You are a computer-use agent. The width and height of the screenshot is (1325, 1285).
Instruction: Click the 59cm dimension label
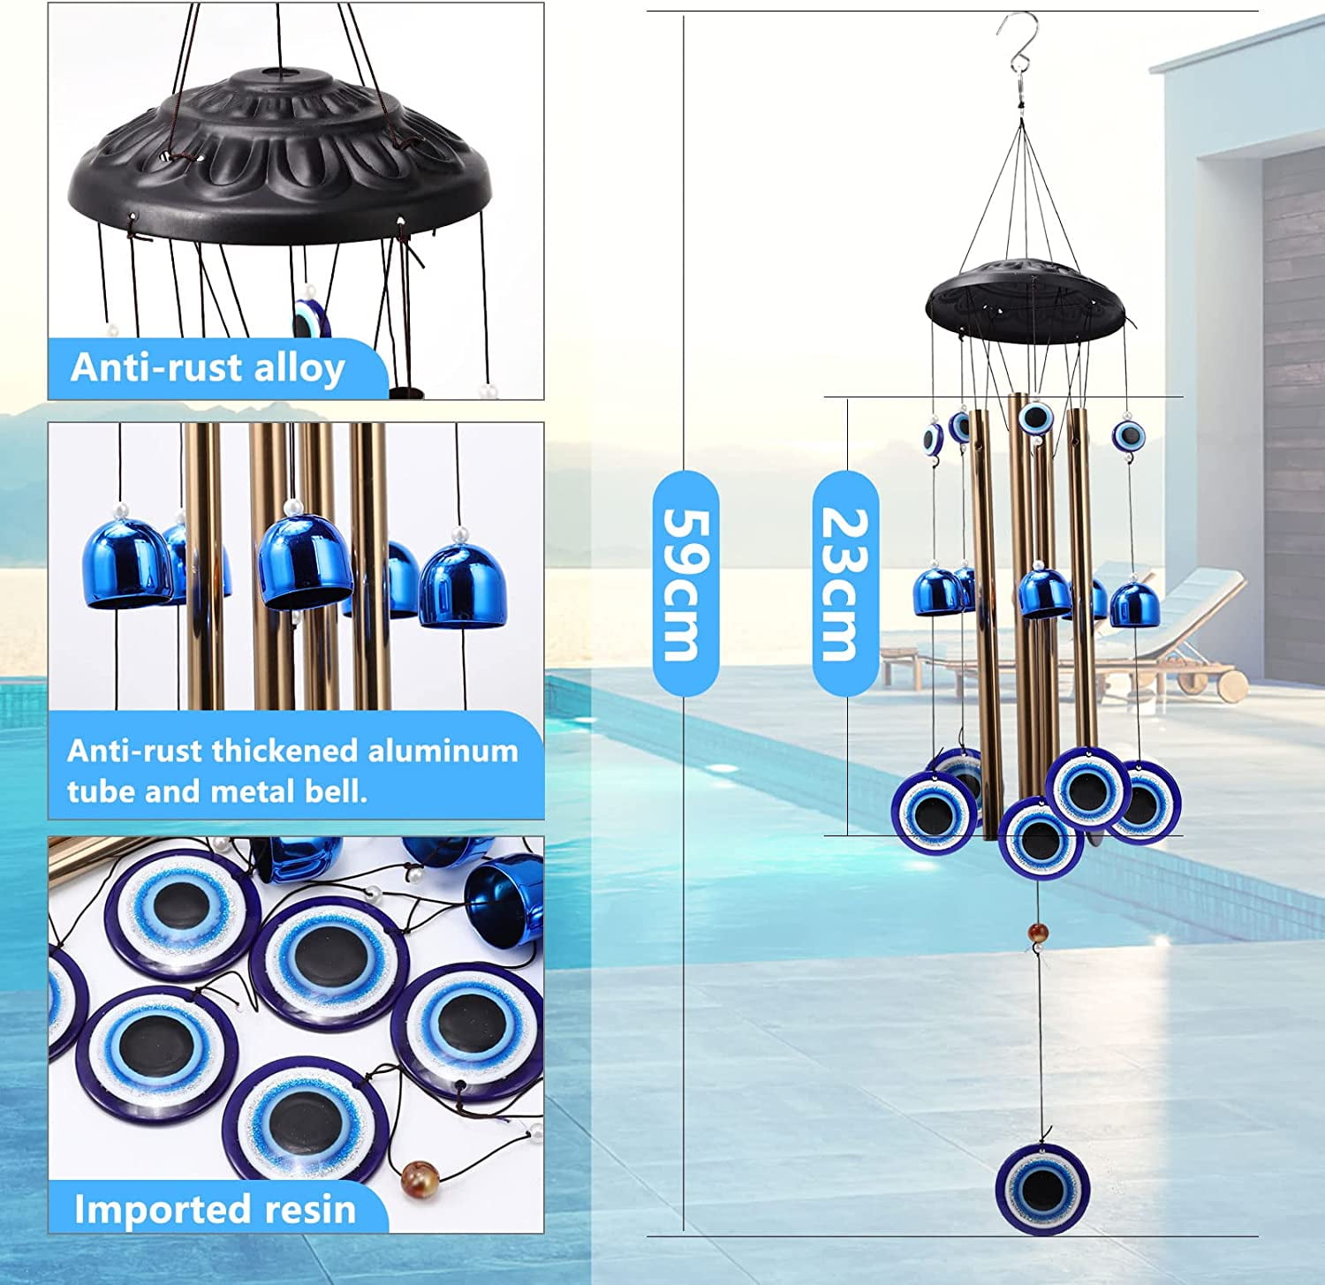pos(685,584)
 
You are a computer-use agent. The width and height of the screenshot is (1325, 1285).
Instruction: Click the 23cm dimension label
pos(844,584)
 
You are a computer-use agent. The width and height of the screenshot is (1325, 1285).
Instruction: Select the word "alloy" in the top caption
pos(299,368)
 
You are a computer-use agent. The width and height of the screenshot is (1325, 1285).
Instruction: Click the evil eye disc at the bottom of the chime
pos(1042,1189)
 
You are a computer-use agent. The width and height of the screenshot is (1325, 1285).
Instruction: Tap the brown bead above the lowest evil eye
pos(1039,931)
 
